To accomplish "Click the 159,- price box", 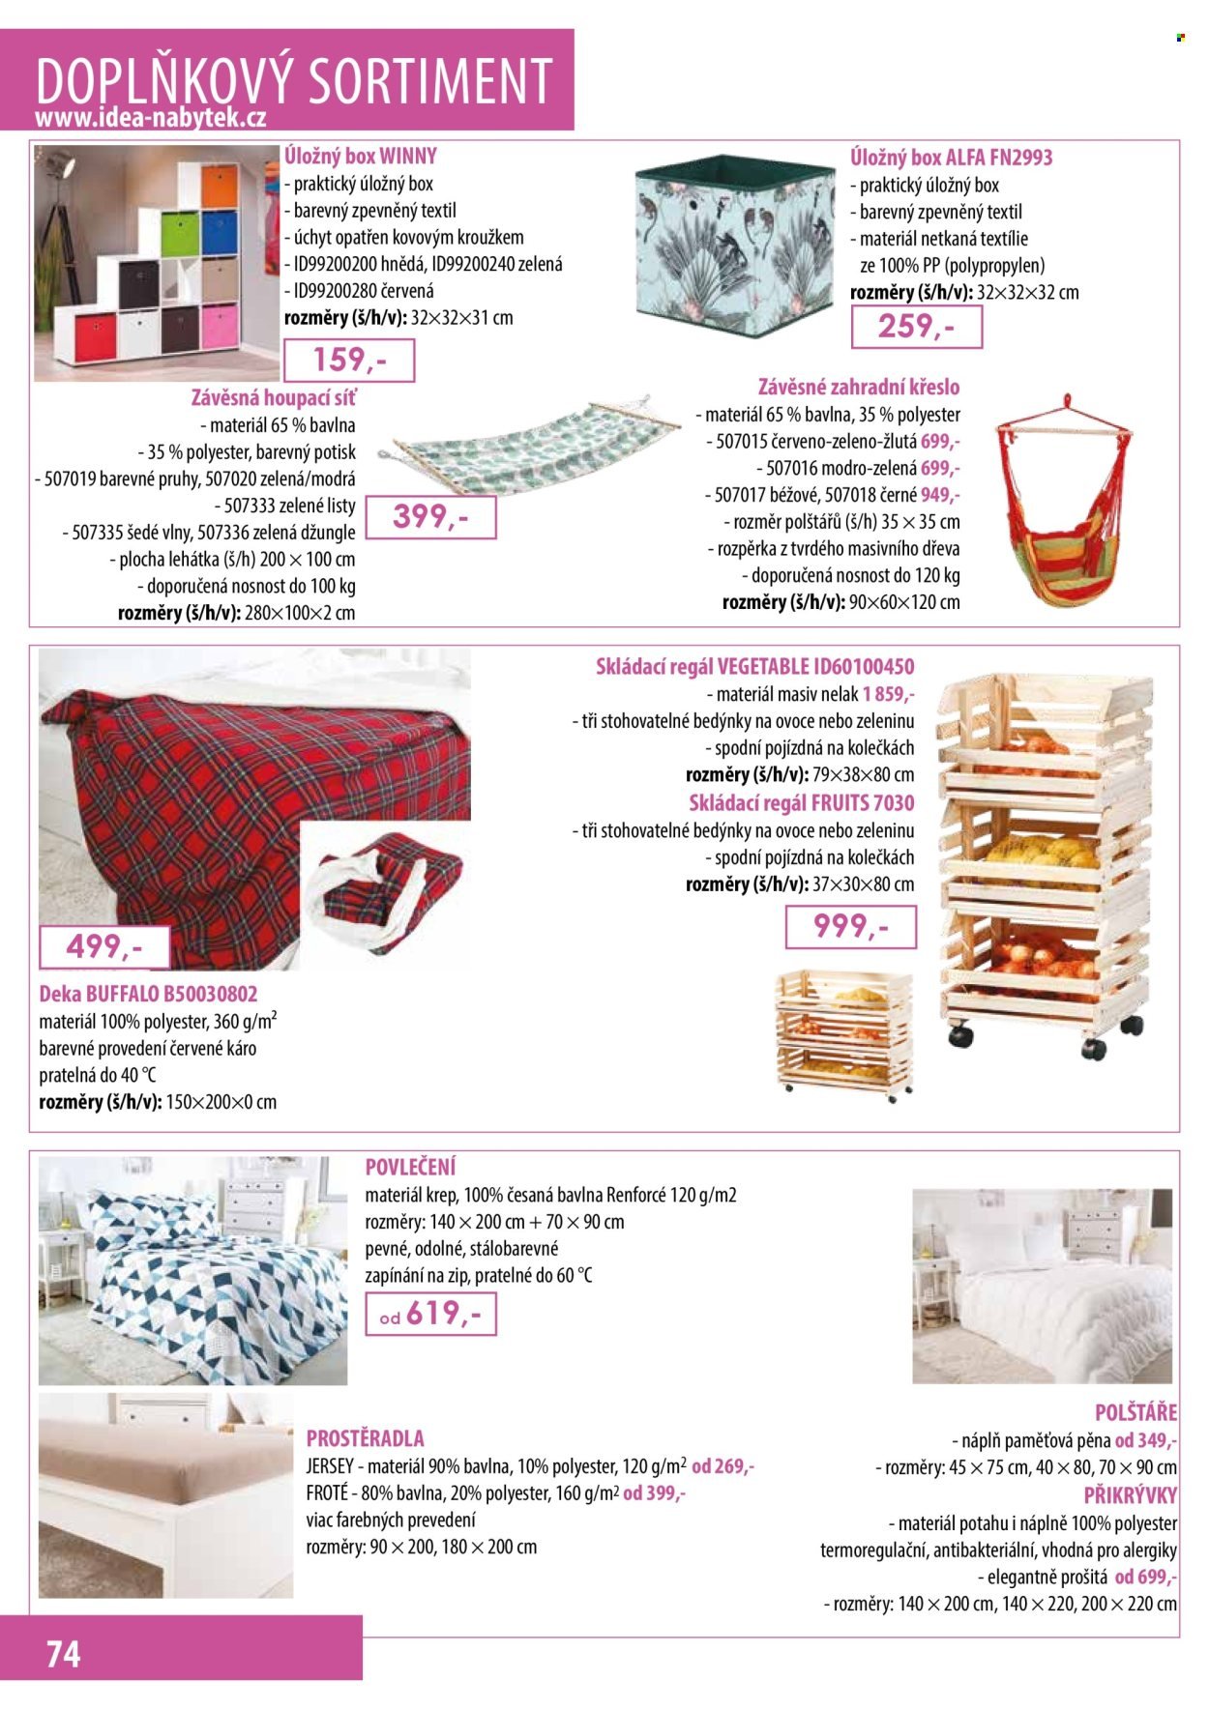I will (x=348, y=362).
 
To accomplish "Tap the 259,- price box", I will (x=916, y=327).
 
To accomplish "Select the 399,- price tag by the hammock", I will (x=430, y=517).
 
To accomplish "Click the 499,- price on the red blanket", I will (x=104, y=946).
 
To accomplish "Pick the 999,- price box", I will (x=850, y=927).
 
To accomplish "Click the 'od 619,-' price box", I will (x=430, y=1314).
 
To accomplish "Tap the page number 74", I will (x=64, y=1654).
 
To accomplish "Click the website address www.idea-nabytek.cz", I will (x=150, y=118).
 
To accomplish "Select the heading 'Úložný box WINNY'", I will (x=361, y=157).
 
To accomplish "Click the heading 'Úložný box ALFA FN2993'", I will (x=952, y=158).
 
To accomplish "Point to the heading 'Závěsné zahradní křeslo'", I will (x=859, y=387).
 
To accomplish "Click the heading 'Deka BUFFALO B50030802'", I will (x=148, y=994).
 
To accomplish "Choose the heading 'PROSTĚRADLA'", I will (x=365, y=1437).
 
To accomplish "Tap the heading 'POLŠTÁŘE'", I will (x=1135, y=1412).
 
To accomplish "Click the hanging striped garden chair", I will (x=1062, y=512).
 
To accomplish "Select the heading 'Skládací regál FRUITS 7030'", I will (x=801, y=803).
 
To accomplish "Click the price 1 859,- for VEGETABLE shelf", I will (x=889, y=694).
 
